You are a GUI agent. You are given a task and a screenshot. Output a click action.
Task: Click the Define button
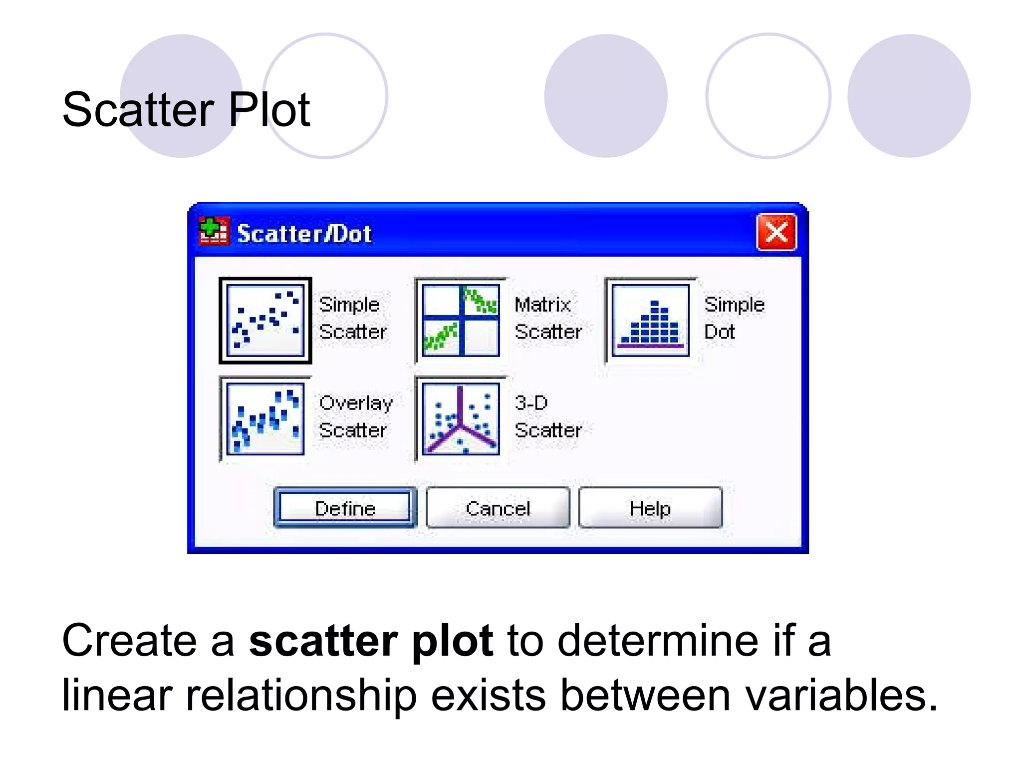click(345, 508)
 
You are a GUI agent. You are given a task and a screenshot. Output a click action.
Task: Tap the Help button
click(650, 508)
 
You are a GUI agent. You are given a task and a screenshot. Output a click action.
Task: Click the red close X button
click(776, 232)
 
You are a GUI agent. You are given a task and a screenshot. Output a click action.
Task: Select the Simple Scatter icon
click(265, 321)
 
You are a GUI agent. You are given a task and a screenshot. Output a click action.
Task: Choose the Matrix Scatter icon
click(461, 321)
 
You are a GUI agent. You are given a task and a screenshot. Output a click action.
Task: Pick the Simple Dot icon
click(650, 321)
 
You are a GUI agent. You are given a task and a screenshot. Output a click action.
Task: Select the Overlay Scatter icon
click(265, 419)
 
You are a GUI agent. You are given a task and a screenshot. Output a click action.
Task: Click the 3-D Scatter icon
click(461, 419)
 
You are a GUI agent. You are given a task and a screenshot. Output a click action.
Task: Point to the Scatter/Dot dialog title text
click(304, 234)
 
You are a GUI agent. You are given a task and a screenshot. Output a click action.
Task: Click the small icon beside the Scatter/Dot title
click(214, 231)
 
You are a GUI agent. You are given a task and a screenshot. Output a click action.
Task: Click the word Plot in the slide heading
click(269, 109)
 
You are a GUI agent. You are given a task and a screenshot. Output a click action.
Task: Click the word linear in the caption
click(117, 695)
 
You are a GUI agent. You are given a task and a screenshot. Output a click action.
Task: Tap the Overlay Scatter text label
click(355, 416)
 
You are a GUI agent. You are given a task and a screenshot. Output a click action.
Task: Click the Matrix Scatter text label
click(548, 318)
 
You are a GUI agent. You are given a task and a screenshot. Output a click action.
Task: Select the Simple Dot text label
click(734, 318)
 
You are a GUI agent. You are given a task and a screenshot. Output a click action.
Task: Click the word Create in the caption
click(129, 641)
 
